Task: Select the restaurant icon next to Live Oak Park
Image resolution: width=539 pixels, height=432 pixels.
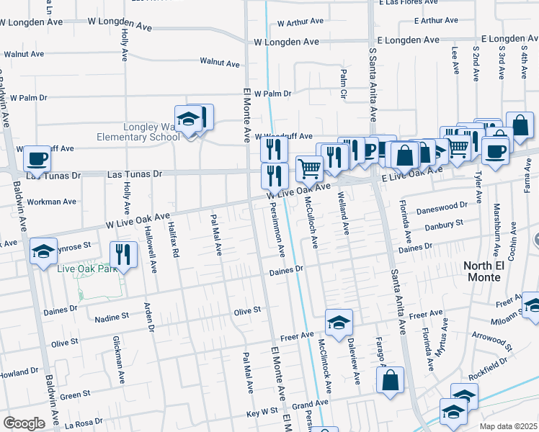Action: coord(123,253)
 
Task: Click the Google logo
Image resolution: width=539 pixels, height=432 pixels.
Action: coord(24,423)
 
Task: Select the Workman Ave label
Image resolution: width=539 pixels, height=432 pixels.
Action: coord(51,202)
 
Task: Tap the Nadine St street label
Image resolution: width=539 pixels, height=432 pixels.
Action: coord(112,315)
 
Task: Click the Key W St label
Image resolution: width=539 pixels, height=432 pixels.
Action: coord(262,413)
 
